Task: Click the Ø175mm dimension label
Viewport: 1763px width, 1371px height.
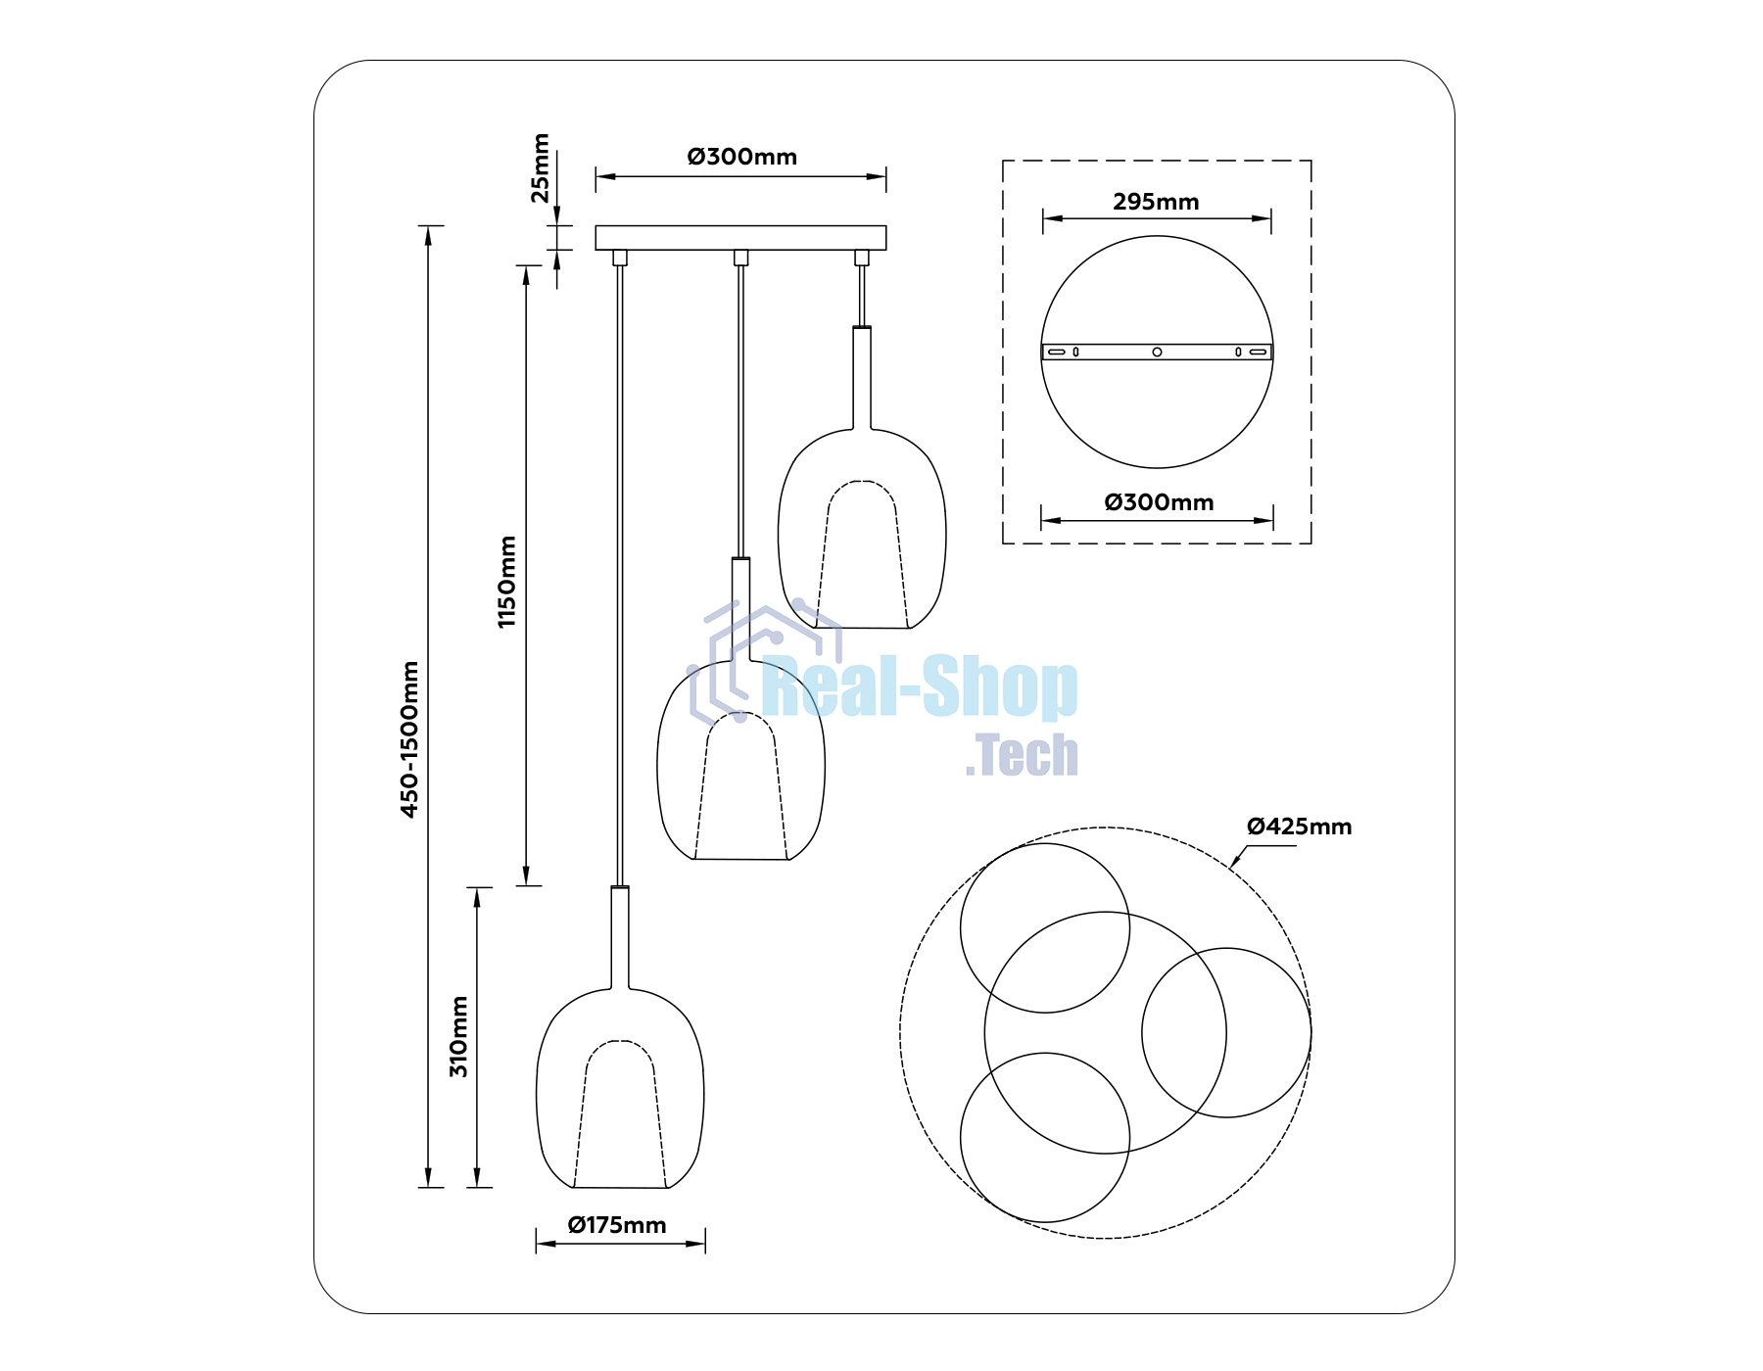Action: tap(617, 1225)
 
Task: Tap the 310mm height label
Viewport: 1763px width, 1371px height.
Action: tap(458, 1036)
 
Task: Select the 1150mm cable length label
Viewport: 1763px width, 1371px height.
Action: tap(506, 582)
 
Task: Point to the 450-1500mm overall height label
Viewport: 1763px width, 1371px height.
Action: tap(409, 739)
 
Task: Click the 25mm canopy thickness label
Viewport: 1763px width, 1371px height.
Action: tap(540, 167)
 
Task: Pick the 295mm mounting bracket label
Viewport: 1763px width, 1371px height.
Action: tap(1156, 202)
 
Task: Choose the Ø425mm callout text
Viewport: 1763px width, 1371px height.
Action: tap(1299, 827)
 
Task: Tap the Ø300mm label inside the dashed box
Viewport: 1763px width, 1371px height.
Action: tap(1159, 502)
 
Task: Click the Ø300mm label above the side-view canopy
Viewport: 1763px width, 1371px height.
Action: tap(741, 157)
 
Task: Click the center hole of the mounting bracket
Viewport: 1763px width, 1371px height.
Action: tap(1157, 352)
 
